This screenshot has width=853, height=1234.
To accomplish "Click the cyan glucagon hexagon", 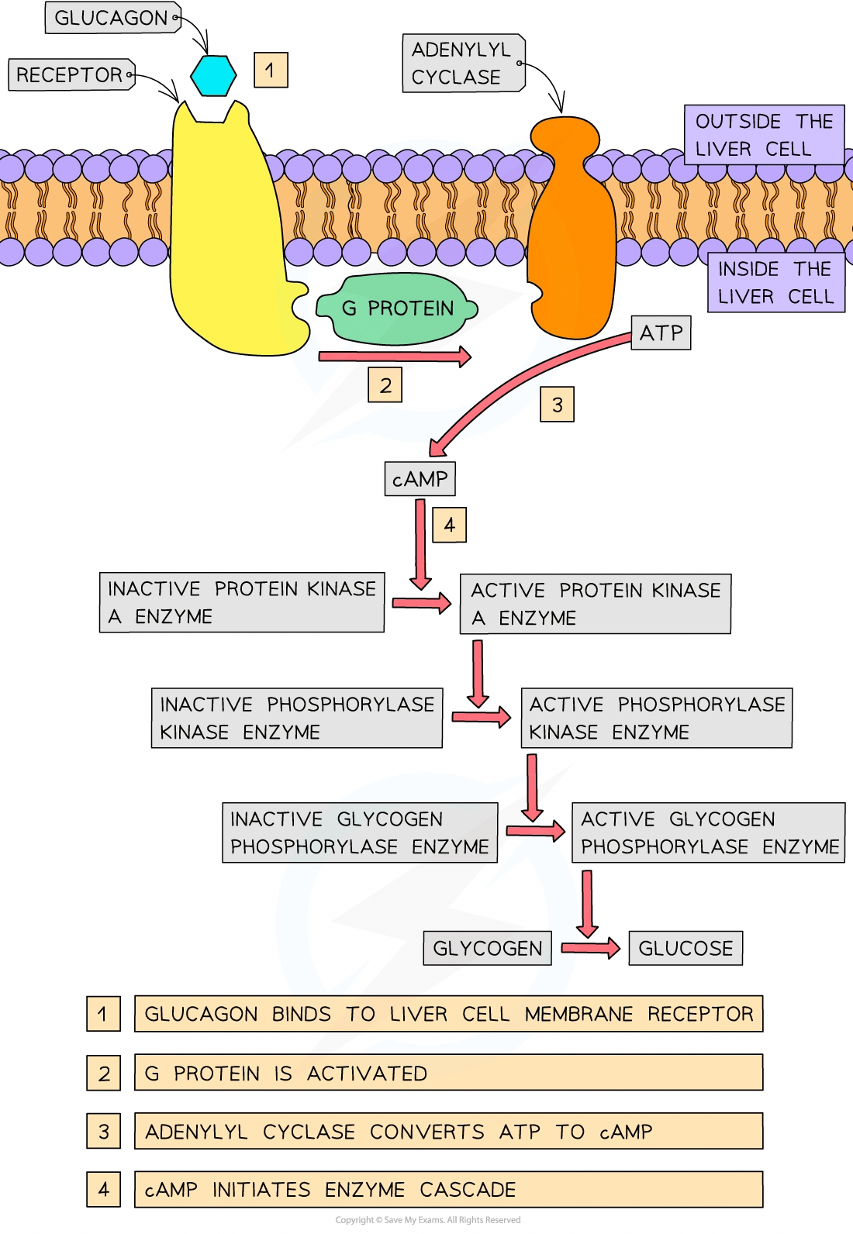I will tap(213, 75).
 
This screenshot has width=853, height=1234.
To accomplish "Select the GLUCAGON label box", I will tap(112, 18).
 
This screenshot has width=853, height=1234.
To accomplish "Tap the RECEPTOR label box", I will tap(71, 75).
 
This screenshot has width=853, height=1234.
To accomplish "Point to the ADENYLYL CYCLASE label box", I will tap(462, 63).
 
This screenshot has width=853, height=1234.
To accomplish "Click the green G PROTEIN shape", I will tap(396, 308).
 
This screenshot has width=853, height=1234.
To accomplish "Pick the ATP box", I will tap(661, 333).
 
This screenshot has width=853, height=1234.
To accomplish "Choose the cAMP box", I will tap(420, 479).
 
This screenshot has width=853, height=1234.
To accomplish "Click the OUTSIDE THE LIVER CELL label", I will tap(764, 135).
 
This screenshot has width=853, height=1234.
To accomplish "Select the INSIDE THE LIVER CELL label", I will tap(775, 283).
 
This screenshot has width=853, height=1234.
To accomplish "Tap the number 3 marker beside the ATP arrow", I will tap(557, 405).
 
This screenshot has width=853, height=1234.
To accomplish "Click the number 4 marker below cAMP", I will tap(449, 525).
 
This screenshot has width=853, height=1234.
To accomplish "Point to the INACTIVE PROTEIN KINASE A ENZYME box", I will tap(241, 602).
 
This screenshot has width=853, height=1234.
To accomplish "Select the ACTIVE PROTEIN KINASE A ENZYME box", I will tap(595, 604).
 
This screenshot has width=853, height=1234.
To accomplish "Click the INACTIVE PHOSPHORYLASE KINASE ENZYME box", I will tap(296, 718).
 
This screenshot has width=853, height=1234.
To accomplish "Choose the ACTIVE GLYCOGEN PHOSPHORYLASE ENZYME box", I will tap(708, 832).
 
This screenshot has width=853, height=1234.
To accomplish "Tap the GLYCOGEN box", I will tap(487, 948).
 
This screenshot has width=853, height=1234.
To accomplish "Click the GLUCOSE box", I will tap(685, 948).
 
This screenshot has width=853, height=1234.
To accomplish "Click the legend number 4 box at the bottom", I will tap(103, 1189).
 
